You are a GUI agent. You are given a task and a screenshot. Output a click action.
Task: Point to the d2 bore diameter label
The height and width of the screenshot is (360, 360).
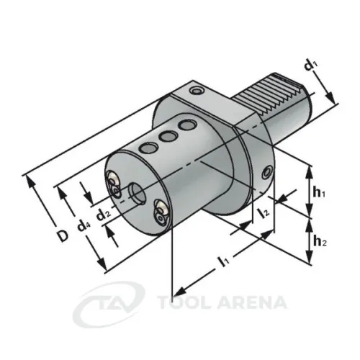pyautogui.click(x=104, y=213)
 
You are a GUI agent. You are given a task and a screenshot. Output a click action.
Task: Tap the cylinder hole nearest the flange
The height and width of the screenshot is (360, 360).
pyautogui.click(x=189, y=127)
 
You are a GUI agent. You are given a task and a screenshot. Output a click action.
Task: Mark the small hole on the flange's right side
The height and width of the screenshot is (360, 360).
pyautogui.click(x=268, y=173)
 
